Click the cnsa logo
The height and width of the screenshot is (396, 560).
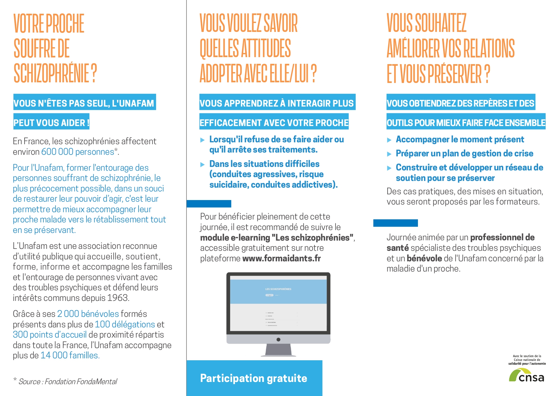526,376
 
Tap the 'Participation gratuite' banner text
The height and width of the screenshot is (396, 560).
254,378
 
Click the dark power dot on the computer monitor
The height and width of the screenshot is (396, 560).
278,340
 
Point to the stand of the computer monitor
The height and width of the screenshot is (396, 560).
278,350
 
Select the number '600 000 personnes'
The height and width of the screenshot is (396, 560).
78,152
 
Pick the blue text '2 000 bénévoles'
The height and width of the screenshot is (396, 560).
88,314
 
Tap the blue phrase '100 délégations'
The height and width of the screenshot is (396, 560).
125,325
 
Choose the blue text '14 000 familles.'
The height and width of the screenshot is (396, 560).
70,355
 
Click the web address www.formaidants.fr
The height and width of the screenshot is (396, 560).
282,258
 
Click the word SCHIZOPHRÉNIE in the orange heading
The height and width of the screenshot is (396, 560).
51,73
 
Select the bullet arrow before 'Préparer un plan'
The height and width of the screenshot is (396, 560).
389,154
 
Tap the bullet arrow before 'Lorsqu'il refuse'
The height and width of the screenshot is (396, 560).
202,140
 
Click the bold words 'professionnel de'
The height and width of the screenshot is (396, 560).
502,238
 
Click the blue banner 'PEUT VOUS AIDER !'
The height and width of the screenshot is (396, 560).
51,123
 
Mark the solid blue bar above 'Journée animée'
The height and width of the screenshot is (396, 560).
395,223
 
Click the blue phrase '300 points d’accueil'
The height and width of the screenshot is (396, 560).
49,335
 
